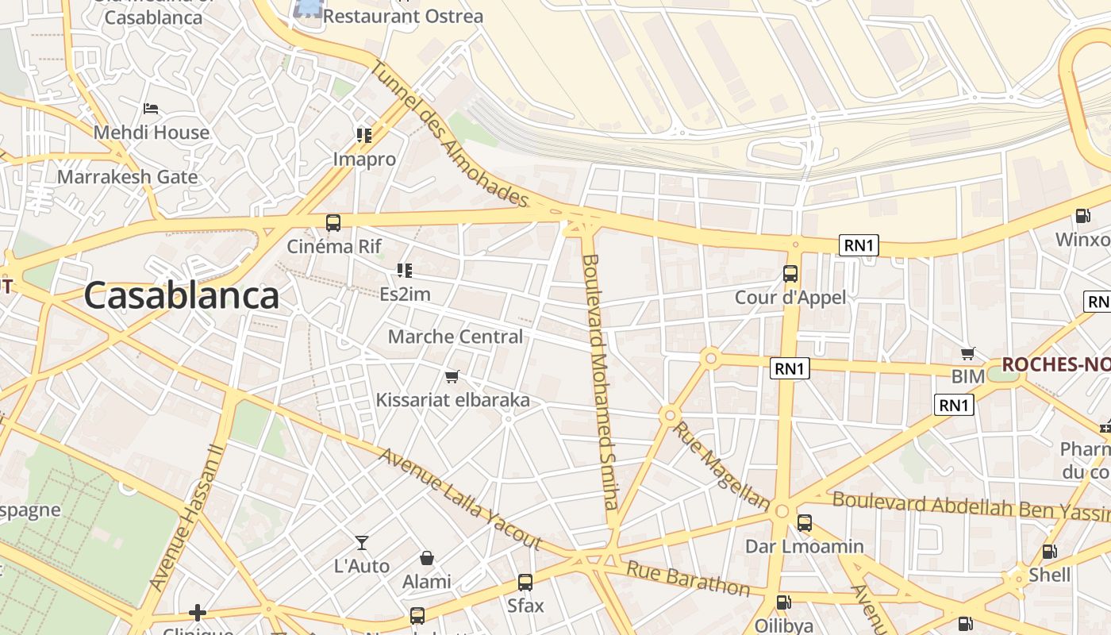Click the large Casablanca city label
(x=181, y=295)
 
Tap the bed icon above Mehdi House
(x=151, y=108)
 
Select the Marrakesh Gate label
(x=127, y=176)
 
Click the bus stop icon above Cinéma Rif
(x=333, y=223)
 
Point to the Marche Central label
(x=455, y=337)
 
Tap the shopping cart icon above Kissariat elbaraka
(x=452, y=376)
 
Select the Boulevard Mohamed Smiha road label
(x=599, y=381)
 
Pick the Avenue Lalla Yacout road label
(x=459, y=499)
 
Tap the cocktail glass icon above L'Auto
(x=362, y=543)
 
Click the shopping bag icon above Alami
(x=427, y=558)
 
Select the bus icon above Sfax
(x=525, y=583)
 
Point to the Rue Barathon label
(x=687, y=578)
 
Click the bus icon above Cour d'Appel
(x=790, y=274)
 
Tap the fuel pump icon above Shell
(x=1049, y=552)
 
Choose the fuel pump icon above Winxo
(x=1082, y=216)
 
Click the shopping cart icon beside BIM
(x=967, y=353)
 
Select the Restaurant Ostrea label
(x=403, y=16)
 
